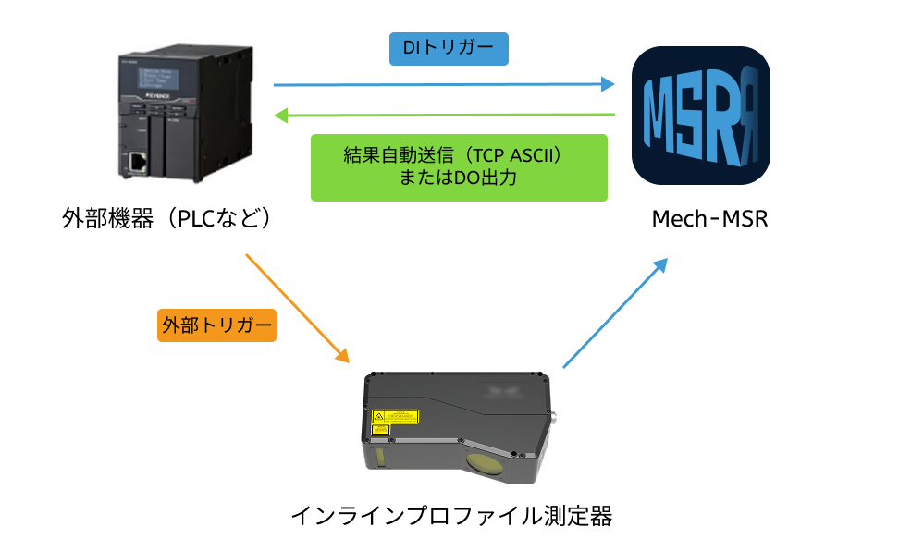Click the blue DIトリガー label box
(449, 48)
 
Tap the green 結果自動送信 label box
(459, 167)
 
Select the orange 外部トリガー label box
(217, 325)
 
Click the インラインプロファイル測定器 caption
(451, 514)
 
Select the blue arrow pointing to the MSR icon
(444, 84)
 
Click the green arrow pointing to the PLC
(444, 116)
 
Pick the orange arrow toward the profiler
(298, 307)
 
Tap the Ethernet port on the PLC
(138, 163)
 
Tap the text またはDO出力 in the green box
(459, 179)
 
